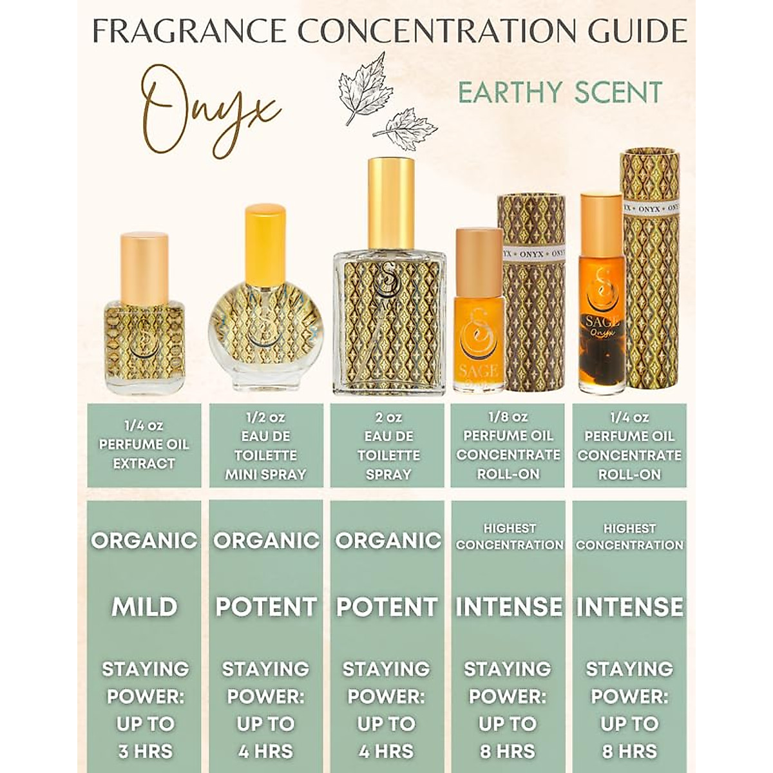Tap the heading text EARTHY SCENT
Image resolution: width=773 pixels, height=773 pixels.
560,92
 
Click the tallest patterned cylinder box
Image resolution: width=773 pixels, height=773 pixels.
650,271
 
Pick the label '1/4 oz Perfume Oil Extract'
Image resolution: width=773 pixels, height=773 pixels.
144,444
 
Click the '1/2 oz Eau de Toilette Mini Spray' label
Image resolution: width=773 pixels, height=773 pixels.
265,445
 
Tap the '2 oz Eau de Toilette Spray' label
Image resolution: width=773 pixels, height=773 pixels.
388,445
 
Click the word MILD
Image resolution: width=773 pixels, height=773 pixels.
144,607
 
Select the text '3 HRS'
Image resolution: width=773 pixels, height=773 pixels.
144,751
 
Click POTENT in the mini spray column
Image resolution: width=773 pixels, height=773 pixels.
265,607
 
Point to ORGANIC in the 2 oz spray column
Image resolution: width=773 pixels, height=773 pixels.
388,540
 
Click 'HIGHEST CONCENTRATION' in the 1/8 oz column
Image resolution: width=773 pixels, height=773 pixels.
509,537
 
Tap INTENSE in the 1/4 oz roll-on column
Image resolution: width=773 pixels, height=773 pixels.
629,607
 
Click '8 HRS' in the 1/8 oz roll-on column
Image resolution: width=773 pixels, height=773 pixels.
508,751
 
